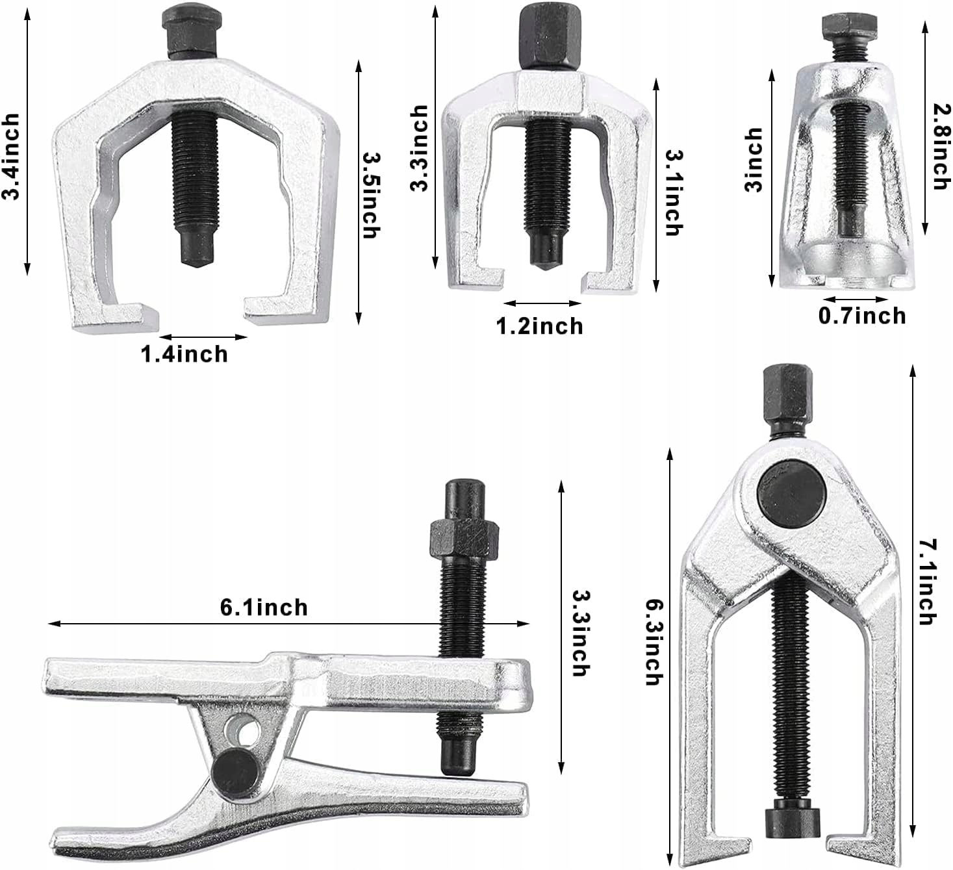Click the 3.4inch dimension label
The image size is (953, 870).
10,157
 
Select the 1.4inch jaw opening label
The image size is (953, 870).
184,355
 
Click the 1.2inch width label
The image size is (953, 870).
540,326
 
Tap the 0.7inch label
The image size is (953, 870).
862,316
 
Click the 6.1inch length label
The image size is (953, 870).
264,608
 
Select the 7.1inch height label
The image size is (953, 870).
928,583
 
